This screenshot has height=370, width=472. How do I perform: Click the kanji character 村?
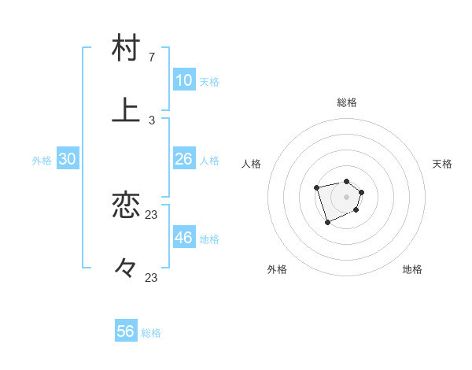point(126,47)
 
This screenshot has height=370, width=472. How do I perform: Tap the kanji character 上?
point(126,110)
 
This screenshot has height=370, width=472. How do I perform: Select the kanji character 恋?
point(126,206)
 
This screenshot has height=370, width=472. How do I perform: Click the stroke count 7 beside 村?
point(152,57)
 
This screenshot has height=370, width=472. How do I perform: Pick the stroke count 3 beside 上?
point(152,120)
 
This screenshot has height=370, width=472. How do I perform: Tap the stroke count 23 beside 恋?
point(152,215)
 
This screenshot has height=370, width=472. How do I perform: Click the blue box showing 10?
point(183,80)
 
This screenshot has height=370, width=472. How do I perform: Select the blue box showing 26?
point(183,159)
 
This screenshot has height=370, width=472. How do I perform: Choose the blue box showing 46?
point(183,238)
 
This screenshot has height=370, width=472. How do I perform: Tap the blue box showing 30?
point(67,159)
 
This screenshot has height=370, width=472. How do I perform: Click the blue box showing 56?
point(126,331)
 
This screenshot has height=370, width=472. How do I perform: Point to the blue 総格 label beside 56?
point(151,333)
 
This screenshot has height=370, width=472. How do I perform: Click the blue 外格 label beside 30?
point(42,161)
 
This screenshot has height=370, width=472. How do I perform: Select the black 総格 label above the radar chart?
point(346,102)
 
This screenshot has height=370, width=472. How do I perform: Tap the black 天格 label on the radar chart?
point(443,164)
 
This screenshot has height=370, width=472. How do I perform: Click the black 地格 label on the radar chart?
point(412,269)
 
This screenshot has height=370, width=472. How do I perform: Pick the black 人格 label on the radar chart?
point(252,164)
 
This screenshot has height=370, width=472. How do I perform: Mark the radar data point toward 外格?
point(327,223)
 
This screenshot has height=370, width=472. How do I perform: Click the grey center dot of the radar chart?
point(346,197)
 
